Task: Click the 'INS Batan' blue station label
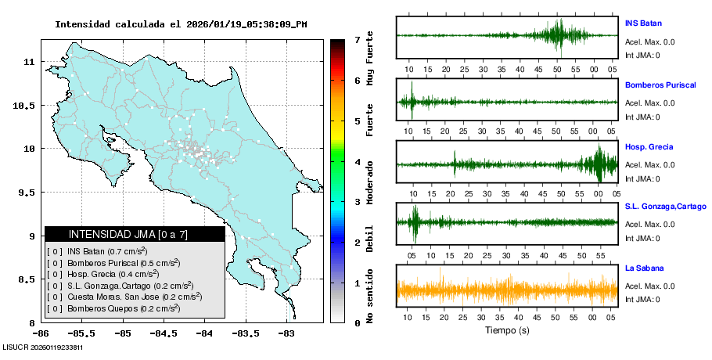(x=643, y=23)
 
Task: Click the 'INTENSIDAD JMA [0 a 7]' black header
(x=134, y=234)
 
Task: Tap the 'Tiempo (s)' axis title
(x=508, y=331)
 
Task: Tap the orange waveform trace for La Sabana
(x=507, y=291)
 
